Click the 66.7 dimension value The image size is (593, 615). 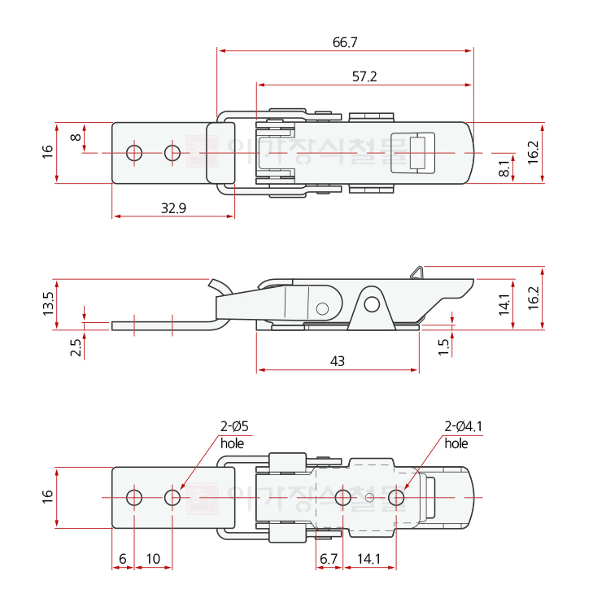(x=345, y=42)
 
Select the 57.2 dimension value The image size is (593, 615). (x=364, y=76)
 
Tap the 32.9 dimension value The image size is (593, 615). (x=174, y=208)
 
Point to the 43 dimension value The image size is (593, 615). (x=338, y=361)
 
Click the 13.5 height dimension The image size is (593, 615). (x=48, y=304)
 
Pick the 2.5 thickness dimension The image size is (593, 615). (x=76, y=347)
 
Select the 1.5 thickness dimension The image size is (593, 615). (x=443, y=347)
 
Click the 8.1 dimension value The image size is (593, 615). (x=504, y=168)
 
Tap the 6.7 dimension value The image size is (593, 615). (x=329, y=559)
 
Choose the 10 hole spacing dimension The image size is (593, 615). (x=153, y=559)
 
